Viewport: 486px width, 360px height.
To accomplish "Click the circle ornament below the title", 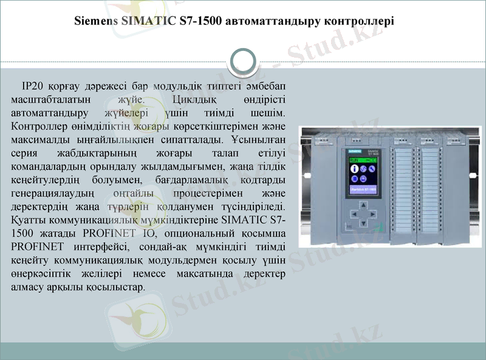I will (x=243, y=61).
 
